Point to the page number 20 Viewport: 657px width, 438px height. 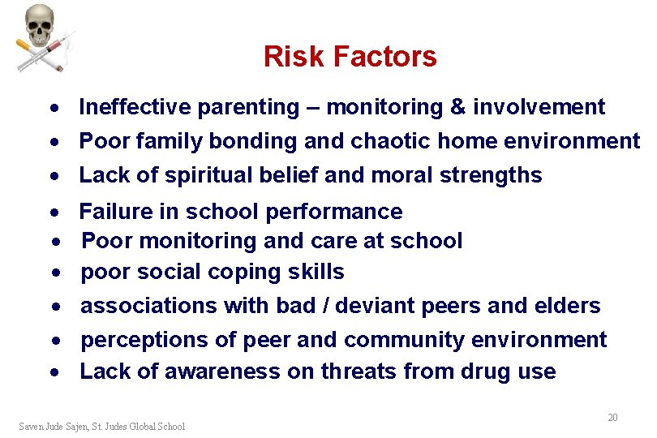[612, 417]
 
